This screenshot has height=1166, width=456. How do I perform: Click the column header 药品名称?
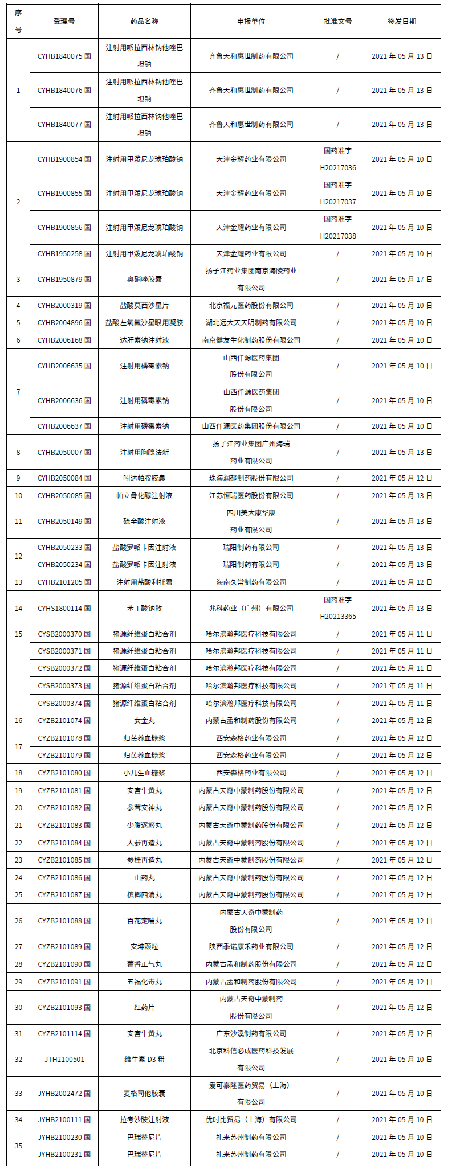(x=144, y=22)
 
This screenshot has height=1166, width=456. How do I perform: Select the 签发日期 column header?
(x=402, y=22)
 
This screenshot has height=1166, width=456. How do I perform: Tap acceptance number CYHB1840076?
(x=64, y=91)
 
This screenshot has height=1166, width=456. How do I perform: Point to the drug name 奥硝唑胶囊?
(x=144, y=280)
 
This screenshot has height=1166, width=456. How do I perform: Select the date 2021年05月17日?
(x=402, y=280)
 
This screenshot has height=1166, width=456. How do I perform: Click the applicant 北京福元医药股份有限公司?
(x=251, y=306)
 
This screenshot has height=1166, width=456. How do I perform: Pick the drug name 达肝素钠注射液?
(x=144, y=340)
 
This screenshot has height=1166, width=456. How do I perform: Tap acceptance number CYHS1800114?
(x=64, y=609)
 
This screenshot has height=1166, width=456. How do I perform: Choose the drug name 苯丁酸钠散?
(x=144, y=609)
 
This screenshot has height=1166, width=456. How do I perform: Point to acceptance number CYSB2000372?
(x=64, y=668)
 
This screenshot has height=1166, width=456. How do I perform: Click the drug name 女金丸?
(x=144, y=721)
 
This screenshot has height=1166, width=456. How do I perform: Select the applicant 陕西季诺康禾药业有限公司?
(x=251, y=947)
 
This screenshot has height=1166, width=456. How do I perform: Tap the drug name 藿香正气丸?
(x=144, y=964)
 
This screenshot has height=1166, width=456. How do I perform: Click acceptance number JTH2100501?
(x=64, y=1060)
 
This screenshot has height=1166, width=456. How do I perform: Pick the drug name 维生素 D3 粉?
(x=144, y=1060)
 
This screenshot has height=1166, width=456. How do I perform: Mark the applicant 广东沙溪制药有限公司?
(x=251, y=1034)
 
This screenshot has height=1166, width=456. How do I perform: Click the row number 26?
(x=18, y=921)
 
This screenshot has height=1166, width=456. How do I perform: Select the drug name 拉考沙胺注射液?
(x=144, y=1120)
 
